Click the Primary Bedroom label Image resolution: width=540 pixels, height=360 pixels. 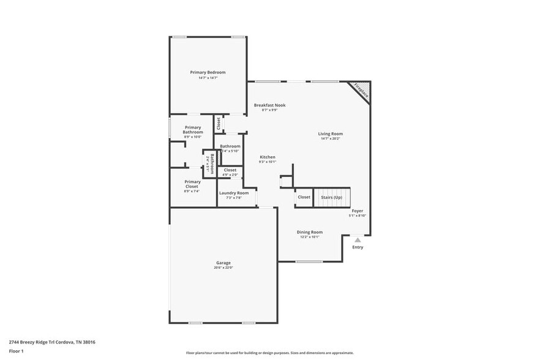[x=208, y=72]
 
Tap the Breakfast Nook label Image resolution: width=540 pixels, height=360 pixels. [x=269, y=105]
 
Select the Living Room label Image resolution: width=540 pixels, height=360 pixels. [x=330, y=133]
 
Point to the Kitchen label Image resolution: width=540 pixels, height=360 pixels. [x=268, y=157]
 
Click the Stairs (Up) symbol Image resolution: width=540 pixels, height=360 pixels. [x=331, y=197]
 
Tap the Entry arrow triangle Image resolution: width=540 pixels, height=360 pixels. [x=358, y=240]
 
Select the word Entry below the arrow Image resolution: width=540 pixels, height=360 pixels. [x=358, y=247]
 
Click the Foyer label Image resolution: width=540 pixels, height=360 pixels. [x=357, y=211]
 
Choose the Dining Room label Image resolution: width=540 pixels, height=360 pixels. [x=309, y=232]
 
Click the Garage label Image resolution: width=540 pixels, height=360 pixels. [x=223, y=263]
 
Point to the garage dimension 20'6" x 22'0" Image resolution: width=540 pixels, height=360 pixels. [x=223, y=268]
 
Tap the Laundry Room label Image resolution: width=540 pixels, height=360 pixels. [x=234, y=193]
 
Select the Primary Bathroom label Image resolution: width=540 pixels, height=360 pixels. [x=192, y=130]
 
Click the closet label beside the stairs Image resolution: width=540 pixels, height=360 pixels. [x=304, y=197]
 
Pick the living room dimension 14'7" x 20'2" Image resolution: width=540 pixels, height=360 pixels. [x=330, y=139]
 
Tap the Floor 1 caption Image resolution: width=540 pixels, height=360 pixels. [x=16, y=351]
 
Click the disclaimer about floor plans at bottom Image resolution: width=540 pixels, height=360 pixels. [x=269, y=353]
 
